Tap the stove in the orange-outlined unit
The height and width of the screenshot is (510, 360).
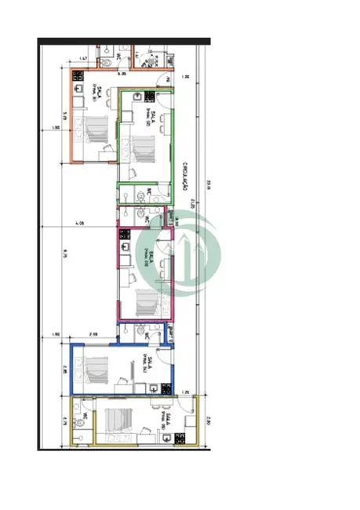click(78, 76)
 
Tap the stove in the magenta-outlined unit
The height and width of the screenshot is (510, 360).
click(123, 233)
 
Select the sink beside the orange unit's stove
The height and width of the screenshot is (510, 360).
click(78, 88)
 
